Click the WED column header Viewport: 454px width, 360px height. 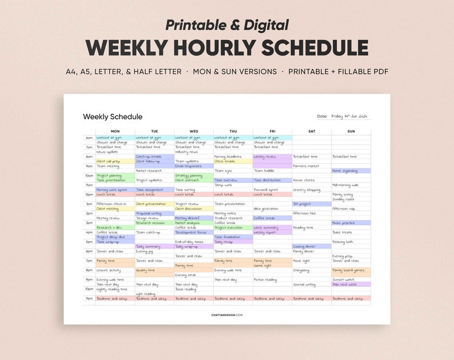pos(194,131)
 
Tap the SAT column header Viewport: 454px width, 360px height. pos(312,131)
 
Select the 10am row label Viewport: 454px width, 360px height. pos(89,175)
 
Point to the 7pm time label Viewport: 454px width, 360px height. pos(89,261)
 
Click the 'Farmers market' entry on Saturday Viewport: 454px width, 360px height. pos(306,166)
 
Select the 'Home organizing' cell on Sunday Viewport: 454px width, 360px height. pos(345,170)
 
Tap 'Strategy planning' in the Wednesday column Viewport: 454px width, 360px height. pos(189,175)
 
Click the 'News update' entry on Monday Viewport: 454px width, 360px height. pos(107,151)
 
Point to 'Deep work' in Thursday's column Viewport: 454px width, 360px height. pos(224,185)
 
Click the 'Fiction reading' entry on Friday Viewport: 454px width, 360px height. pos(265,279)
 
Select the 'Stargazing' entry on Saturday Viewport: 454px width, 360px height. pos(301,270)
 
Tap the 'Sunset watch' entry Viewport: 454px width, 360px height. pos(343,279)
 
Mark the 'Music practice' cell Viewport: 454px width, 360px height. pos(344,223)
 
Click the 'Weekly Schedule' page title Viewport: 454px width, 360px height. pos(113,117)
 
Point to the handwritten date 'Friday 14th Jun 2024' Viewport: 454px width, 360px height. pos(351,116)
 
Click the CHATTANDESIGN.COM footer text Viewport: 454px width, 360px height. pos(227,315)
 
